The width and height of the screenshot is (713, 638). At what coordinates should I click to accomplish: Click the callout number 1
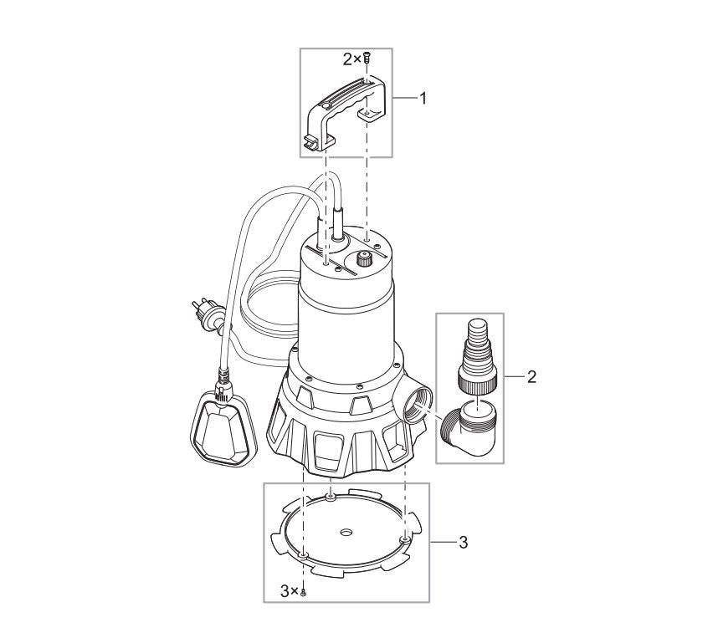pyautogui.click(x=423, y=99)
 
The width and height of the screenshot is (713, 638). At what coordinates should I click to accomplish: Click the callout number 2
pyautogui.click(x=531, y=377)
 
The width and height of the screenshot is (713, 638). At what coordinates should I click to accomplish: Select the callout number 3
pyautogui.click(x=464, y=543)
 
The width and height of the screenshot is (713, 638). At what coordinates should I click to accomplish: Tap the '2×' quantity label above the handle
pyautogui.click(x=351, y=59)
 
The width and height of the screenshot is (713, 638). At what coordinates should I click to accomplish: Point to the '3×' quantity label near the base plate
pyautogui.click(x=289, y=591)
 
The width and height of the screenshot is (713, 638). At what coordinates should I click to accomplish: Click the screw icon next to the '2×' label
pyautogui.click(x=367, y=59)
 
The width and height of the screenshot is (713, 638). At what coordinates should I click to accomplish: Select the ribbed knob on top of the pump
pyautogui.click(x=365, y=260)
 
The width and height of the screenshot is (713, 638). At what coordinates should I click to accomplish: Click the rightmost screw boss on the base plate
pyautogui.click(x=405, y=540)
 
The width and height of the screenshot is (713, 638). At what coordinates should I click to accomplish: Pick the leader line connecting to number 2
pyautogui.click(x=514, y=377)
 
